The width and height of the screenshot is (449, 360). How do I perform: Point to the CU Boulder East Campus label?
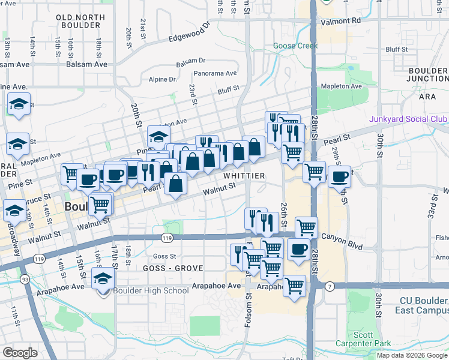tap(422, 305)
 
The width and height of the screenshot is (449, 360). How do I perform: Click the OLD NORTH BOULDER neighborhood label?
tap(77, 22)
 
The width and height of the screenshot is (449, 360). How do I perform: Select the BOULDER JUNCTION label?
tap(428, 75)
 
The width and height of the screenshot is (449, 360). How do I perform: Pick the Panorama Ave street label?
tap(215, 74)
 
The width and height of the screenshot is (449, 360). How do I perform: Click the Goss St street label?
tap(164, 256)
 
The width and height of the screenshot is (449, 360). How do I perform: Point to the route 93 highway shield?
tap(25, 279)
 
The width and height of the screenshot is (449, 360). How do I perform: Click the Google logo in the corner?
tap(19, 353)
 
